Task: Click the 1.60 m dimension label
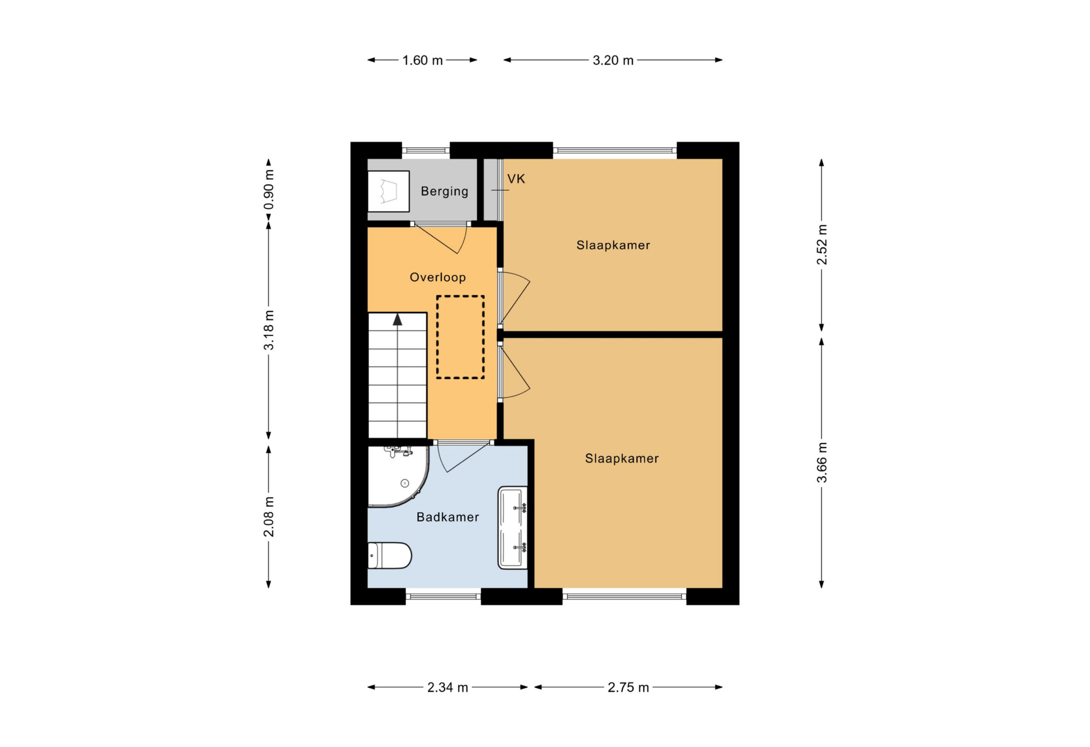(422, 60)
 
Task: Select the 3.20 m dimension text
(613, 60)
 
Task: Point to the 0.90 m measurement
(269, 189)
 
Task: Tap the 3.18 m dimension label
(269, 329)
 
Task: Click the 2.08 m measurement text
(269, 516)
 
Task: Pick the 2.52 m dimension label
(822, 244)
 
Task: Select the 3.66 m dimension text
(822, 462)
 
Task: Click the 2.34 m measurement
(447, 687)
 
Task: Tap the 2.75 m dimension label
(628, 687)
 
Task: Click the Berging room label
(445, 191)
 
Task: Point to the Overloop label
(438, 277)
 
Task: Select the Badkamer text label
(447, 517)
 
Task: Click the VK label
(516, 179)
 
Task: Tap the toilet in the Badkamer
(389, 556)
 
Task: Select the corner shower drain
(404, 484)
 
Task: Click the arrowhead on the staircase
(398, 319)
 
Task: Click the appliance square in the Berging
(388, 191)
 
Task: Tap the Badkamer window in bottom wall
(443, 596)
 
